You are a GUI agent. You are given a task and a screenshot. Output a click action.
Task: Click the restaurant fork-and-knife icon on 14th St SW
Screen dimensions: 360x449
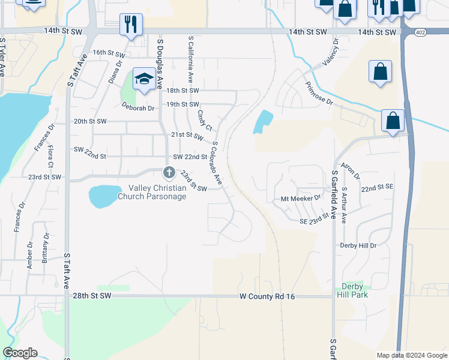(131, 25)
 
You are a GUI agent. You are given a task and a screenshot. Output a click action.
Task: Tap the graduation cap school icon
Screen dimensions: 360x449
(144, 79)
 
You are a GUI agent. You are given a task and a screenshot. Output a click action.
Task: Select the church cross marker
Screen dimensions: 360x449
(169, 173)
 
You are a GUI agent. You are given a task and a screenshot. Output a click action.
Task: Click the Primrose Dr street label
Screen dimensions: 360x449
(318, 94)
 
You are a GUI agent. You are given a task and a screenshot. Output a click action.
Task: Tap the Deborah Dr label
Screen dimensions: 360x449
(138, 109)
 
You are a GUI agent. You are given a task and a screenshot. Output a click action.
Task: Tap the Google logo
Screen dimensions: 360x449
(20, 353)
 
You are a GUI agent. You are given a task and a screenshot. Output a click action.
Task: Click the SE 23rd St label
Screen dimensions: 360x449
(316, 218)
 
